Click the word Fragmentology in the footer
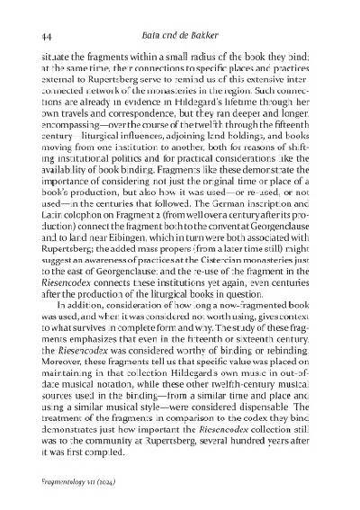(x=71, y=481)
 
